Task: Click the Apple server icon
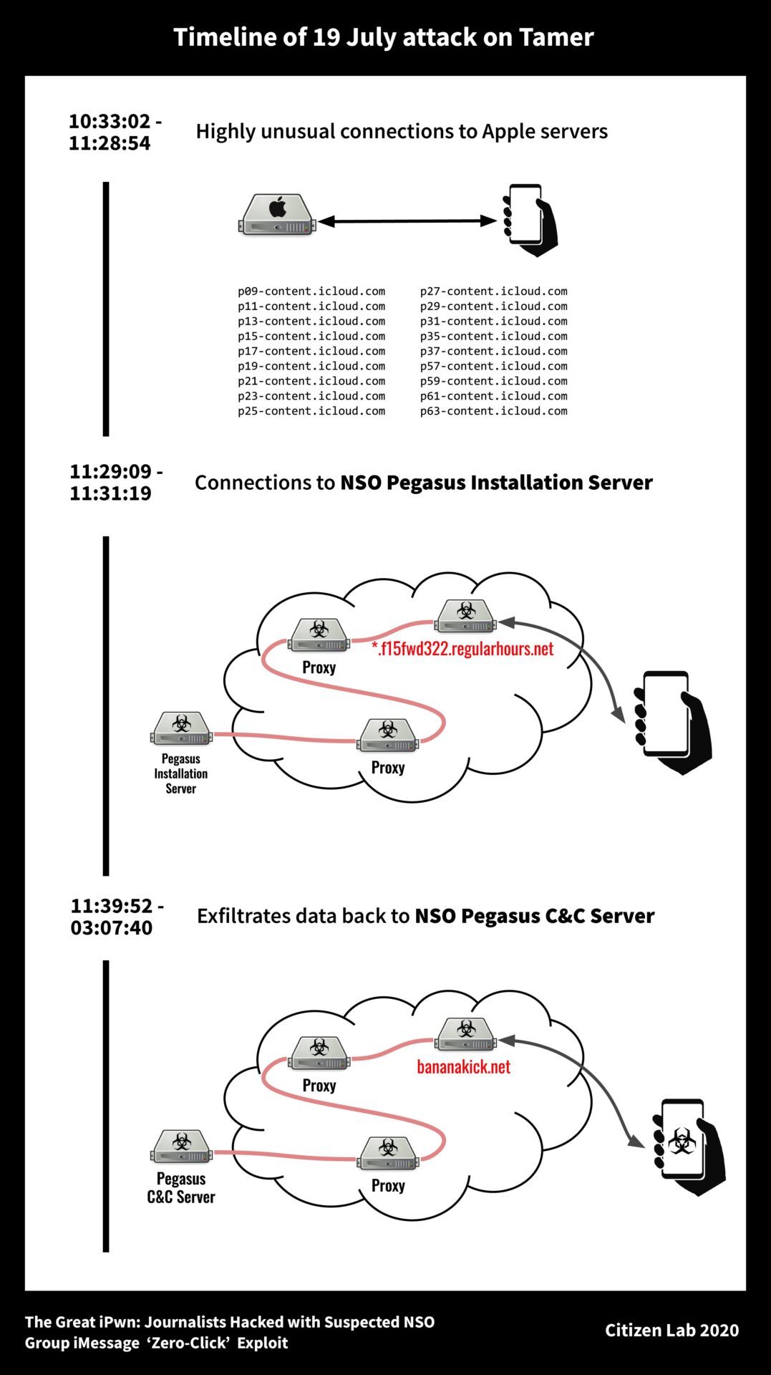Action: pos(277,214)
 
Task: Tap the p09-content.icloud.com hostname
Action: pos(311,291)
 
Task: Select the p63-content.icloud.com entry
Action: pos(493,411)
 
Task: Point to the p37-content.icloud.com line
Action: pos(493,351)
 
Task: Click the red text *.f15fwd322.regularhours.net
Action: pos(462,649)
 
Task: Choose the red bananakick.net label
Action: pos(463,1067)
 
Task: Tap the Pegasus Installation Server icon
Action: pos(182,729)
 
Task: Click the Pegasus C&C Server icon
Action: pos(182,1147)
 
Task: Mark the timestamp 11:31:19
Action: pos(110,493)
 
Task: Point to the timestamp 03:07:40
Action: pos(111,928)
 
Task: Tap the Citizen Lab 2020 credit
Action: pos(671,1330)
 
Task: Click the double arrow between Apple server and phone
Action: pos(407,221)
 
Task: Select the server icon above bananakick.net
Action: pos(466,1034)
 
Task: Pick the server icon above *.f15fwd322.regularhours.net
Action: pos(466,616)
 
